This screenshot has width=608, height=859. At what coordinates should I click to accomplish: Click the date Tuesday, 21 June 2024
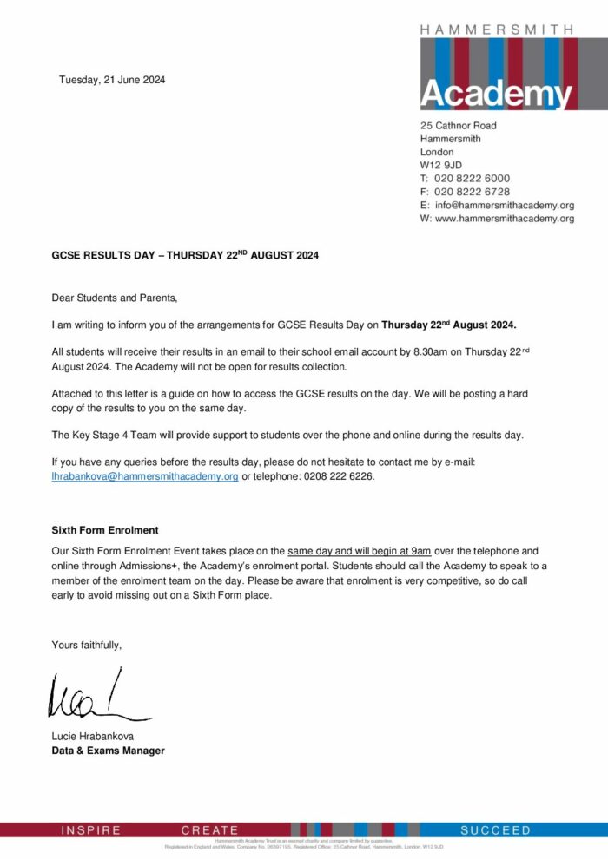pyautogui.click(x=112, y=81)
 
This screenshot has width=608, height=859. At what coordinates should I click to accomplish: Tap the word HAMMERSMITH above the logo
pyautogui.click(x=496, y=30)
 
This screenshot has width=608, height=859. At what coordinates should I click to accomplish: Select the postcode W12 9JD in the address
pyautogui.click(x=441, y=165)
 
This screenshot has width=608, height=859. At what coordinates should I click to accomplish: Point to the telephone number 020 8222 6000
pyautogui.click(x=472, y=179)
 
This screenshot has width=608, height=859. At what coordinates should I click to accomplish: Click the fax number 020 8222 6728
pyautogui.click(x=472, y=192)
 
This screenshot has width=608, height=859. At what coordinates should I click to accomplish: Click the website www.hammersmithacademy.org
pyautogui.click(x=504, y=219)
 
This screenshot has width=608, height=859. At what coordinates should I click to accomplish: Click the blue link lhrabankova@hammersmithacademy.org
pyautogui.click(x=145, y=476)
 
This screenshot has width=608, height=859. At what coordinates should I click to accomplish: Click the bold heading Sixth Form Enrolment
pyautogui.click(x=105, y=529)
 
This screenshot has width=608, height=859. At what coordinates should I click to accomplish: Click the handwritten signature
pyautogui.click(x=96, y=697)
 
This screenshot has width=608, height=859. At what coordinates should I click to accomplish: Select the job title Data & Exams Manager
pyautogui.click(x=108, y=751)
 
